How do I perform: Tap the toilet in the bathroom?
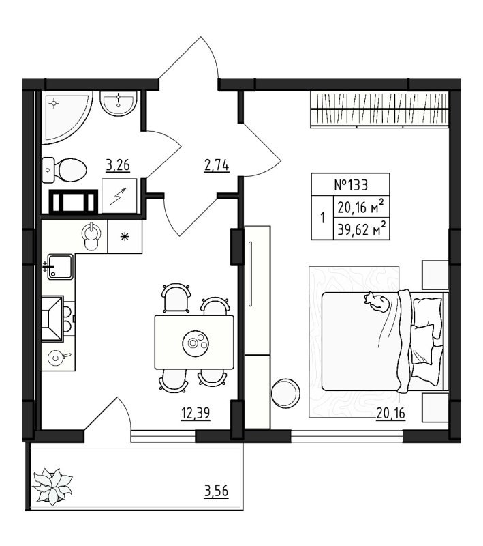[x=66, y=167]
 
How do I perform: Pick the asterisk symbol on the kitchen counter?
[x=125, y=237]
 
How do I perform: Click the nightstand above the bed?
[x=433, y=274]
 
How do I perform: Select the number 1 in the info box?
[x=322, y=220]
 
